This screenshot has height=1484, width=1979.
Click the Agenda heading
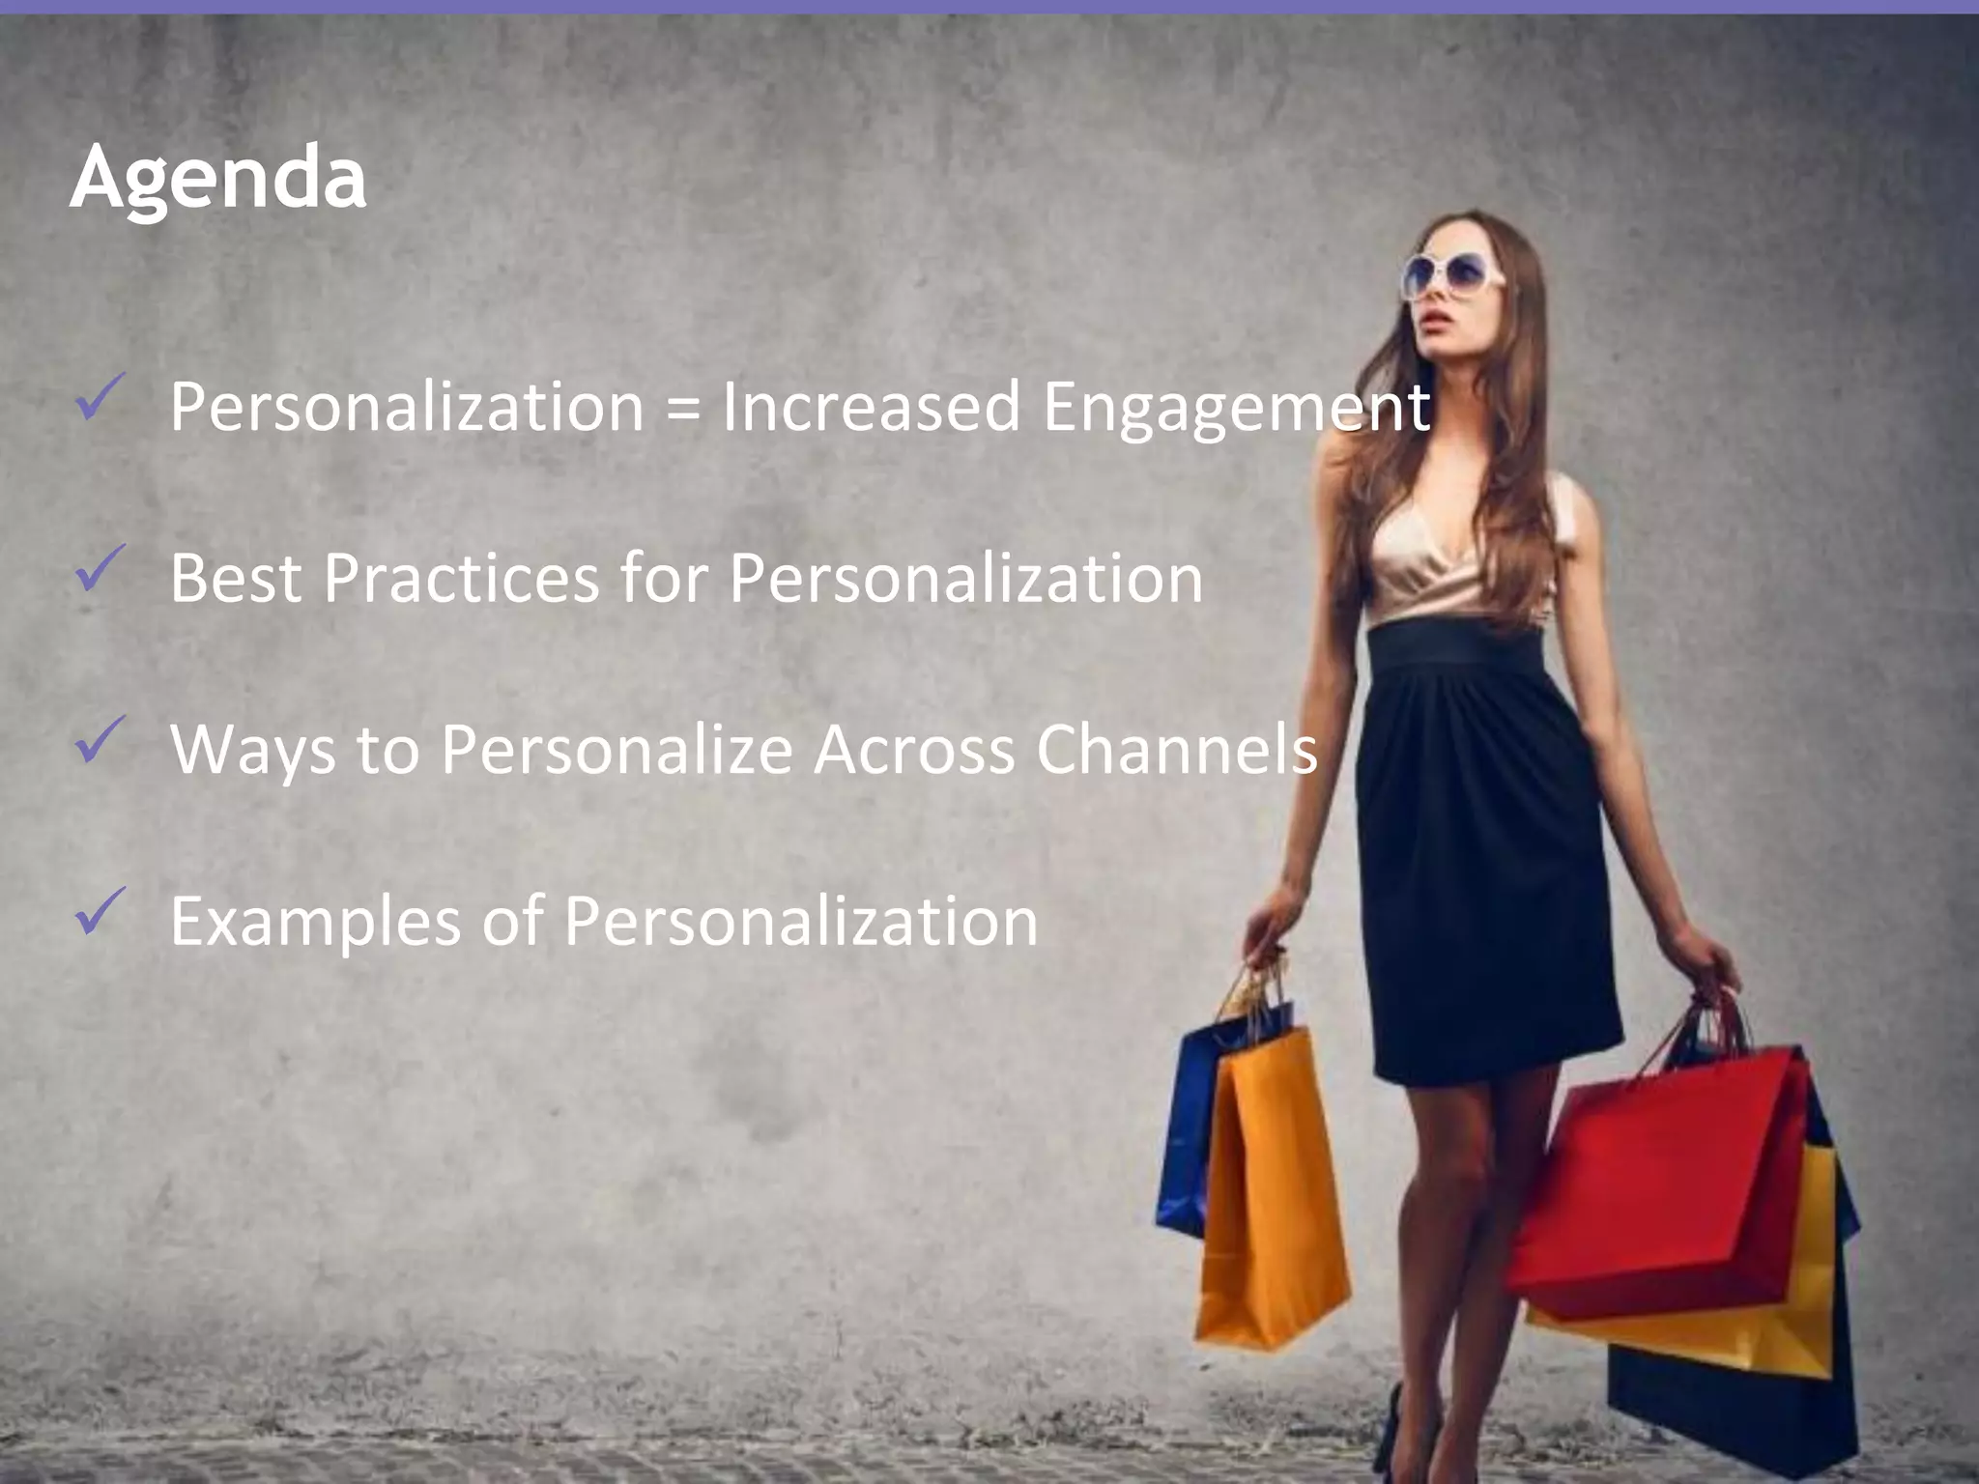(x=218, y=178)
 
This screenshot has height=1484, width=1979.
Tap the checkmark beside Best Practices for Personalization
(x=99, y=569)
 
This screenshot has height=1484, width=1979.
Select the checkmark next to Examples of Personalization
(x=99, y=911)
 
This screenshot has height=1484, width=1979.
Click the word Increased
(x=871, y=407)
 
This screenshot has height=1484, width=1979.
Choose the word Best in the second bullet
(x=235, y=579)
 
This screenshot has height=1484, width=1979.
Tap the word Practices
(x=461, y=579)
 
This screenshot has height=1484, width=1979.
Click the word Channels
(x=1176, y=749)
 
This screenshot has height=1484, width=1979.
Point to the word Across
(x=913, y=749)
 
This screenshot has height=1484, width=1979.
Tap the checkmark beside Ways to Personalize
(x=99, y=740)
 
